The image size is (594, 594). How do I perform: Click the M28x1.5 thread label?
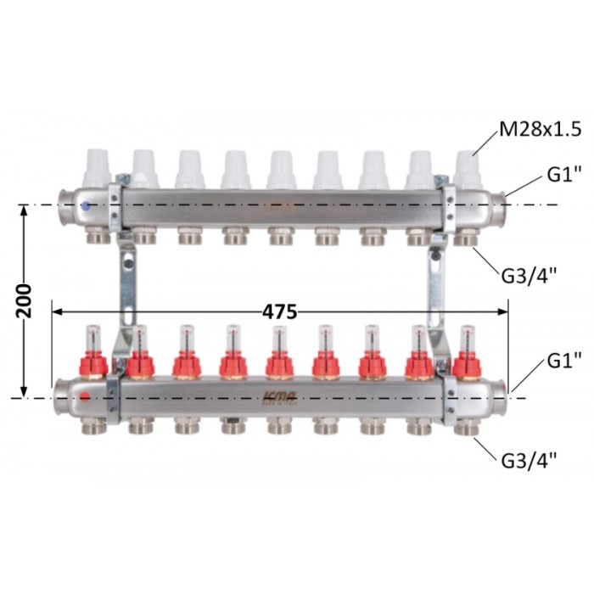(541, 130)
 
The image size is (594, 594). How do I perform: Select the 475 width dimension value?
(280, 312)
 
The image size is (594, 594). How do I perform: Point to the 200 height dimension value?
(25, 301)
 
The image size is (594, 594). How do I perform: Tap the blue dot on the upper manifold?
(86, 206)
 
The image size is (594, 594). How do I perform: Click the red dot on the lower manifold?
(85, 397)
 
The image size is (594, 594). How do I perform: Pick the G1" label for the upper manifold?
(564, 175)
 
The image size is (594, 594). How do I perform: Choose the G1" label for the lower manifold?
(564, 361)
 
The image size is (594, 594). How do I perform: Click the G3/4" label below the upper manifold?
(530, 276)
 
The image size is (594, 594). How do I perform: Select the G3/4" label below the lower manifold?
(530, 461)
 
